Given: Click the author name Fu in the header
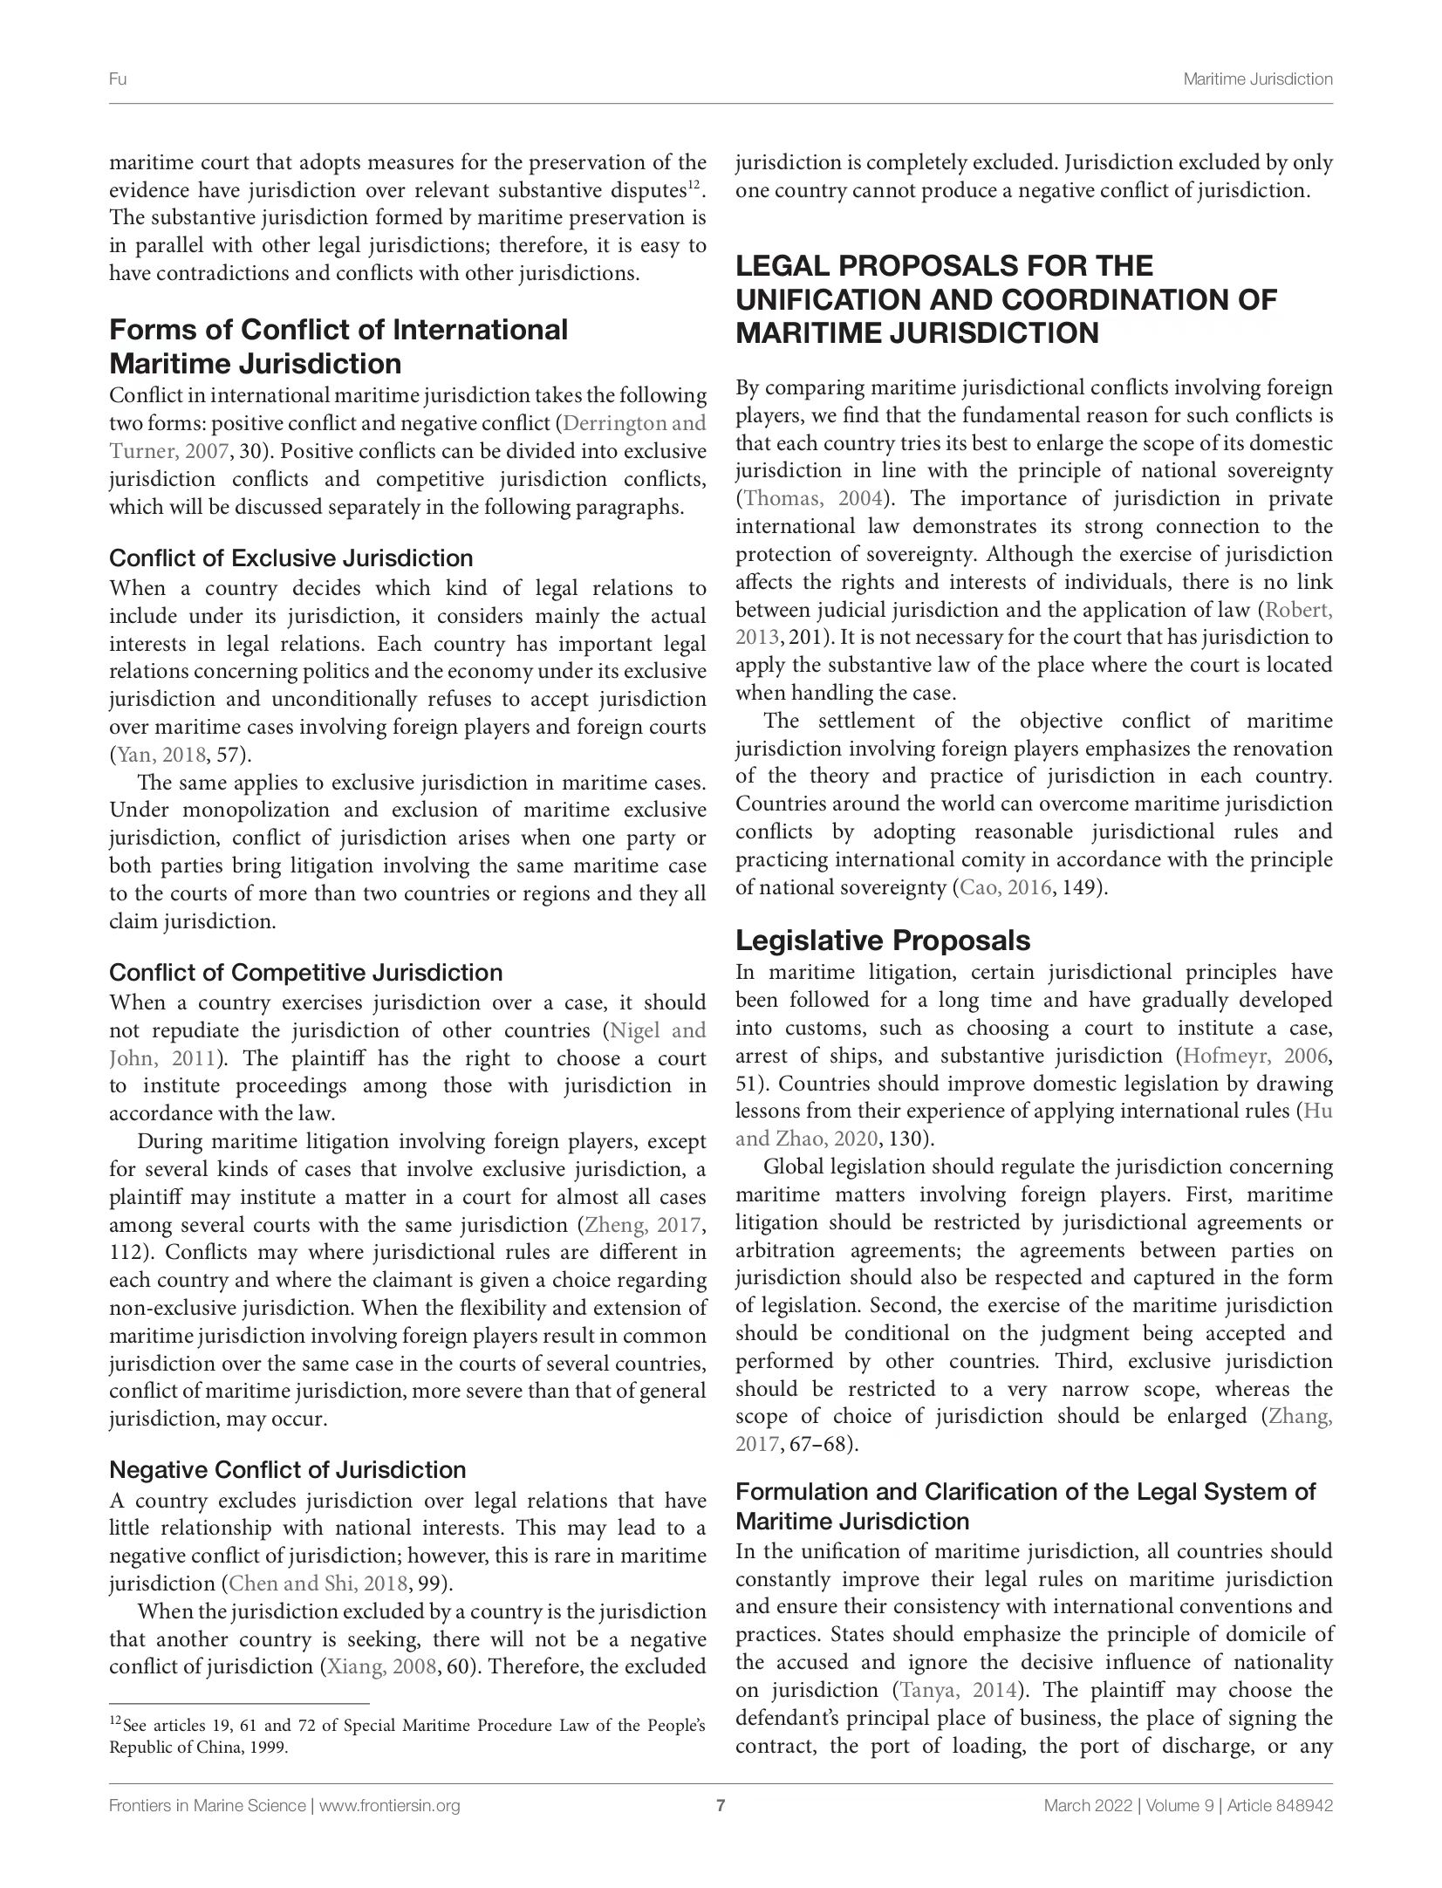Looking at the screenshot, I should (118, 79).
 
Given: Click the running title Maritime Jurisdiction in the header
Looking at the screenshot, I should (1257, 79).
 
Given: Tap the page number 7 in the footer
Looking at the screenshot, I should (721, 1805).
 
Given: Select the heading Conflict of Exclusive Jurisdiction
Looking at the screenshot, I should (290, 558).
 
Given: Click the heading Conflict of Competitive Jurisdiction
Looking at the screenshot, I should (305, 972).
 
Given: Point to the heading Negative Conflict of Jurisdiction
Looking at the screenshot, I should (288, 1469).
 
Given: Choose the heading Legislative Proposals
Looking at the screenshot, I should (883, 941).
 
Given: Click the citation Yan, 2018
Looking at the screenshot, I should (157, 755).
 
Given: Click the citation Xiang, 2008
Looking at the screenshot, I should (380, 1666).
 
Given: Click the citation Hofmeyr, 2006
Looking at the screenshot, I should (1253, 1056).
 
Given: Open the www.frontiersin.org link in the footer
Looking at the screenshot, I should (390, 1805).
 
